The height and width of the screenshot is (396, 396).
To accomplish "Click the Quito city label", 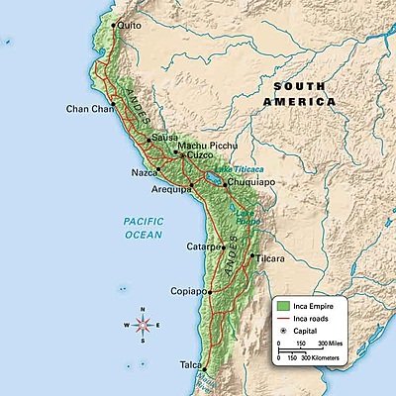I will (130, 27).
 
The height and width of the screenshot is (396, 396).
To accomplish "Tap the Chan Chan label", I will (86, 109).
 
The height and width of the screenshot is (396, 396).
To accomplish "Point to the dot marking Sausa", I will (149, 140).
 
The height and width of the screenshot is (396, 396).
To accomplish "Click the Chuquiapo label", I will (248, 183).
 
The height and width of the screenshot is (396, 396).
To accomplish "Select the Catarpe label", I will (201, 247).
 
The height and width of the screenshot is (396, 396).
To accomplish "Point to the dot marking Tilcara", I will (252, 255).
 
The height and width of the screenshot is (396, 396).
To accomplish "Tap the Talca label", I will (190, 364).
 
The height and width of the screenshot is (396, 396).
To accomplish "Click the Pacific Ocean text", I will (143, 228).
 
